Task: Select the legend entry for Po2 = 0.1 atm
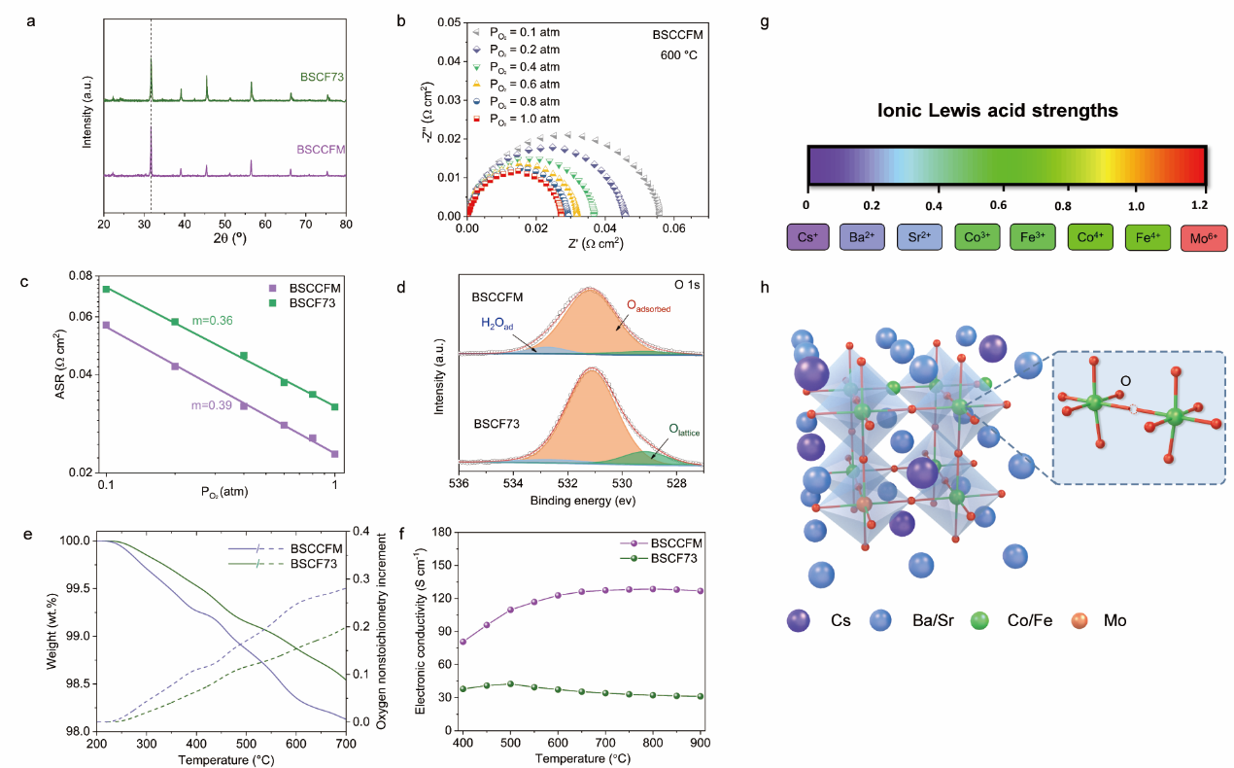(526, 32)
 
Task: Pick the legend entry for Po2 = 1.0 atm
(526, 119)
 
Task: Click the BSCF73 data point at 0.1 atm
(107, 289)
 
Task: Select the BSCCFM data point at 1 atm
(334, 454)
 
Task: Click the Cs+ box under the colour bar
(806, 236)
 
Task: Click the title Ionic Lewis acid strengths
(1007, 111)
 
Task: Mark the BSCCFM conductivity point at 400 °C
(463, 642)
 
